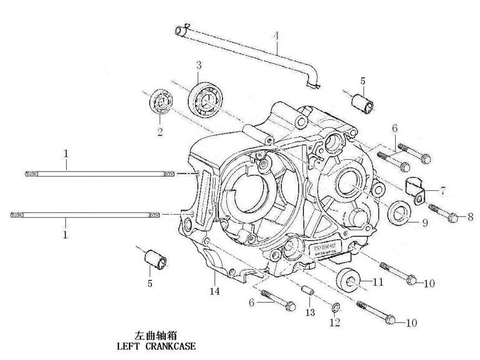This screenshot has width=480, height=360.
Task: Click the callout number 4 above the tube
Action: pos(276,36)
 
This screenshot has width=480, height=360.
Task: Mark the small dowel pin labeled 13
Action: pos(307,291)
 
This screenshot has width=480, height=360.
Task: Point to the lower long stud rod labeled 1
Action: pos(87,215)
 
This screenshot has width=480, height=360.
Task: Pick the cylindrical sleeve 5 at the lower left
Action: pos(155,259)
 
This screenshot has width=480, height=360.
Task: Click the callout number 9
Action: pos(425,223)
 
